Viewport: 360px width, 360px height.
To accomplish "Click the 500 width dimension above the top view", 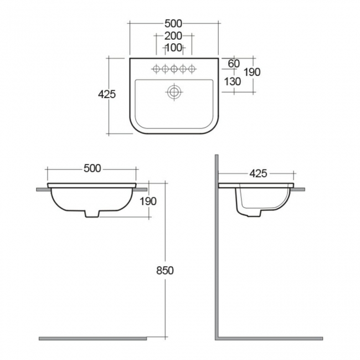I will (174, 23).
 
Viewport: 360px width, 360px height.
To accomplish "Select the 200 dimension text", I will (174, 36).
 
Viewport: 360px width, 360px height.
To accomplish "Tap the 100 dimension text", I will (174, 48).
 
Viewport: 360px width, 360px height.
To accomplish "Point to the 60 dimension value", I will (234, 63).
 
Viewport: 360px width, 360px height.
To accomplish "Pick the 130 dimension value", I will (233, 81).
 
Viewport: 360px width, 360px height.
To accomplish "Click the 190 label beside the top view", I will (251, 72).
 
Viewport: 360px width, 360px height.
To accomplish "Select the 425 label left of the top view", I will (106, 94).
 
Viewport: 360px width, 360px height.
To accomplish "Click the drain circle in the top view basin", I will (174, 91).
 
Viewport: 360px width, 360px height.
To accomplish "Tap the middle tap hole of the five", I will (174, 69).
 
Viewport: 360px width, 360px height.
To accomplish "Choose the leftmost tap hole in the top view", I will (156, 69).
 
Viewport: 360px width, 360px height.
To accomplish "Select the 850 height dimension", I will (165, 270).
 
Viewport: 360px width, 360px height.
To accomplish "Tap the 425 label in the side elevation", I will (258, 173).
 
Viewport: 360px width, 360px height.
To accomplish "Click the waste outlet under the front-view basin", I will (92, 214).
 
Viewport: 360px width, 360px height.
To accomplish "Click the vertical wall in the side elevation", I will (216, 249).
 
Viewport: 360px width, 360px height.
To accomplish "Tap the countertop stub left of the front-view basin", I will (42, 189).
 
